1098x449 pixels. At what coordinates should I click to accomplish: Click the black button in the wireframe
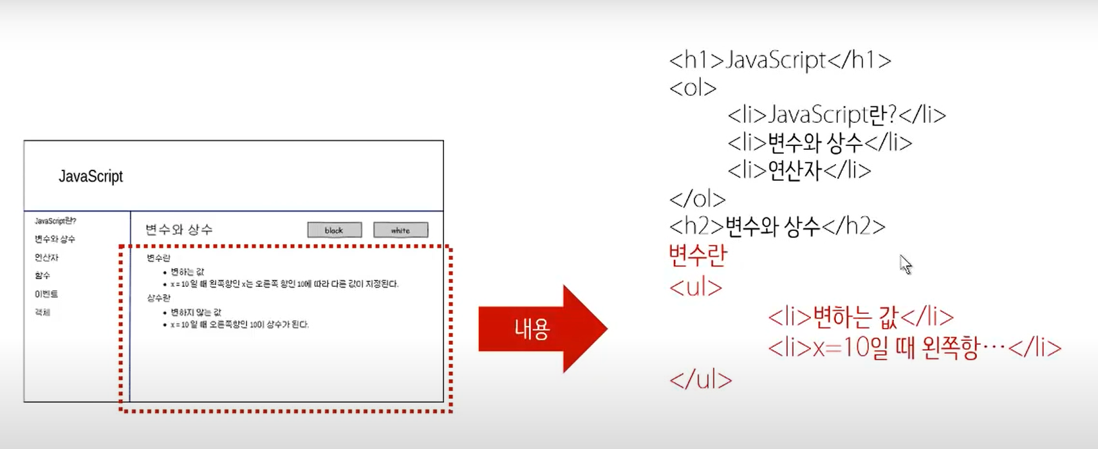(x=334, y=230)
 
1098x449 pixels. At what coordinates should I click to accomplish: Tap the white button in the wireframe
(x=400, y=230)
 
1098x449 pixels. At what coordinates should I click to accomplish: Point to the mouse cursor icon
(x=905, y=264)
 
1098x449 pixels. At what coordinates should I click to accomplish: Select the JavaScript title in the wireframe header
(x=91, y=176)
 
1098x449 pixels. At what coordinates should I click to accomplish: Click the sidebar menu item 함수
(x=42, y=275)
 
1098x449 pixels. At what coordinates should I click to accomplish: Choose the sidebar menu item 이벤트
(x=46, y=294)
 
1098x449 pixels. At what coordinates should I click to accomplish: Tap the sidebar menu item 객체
(x=42, y=313)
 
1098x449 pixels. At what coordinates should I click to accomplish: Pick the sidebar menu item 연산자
(x=46, y=257)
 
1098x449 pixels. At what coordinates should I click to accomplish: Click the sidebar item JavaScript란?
(x=55, y=221)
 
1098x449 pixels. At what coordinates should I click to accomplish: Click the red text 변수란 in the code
(x=698, y=255)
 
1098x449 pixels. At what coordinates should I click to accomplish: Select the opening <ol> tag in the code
(x=693, y=87)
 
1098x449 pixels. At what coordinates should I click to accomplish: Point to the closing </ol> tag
(x=697, y=199)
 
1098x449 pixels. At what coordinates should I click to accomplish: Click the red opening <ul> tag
(x=696, y=287)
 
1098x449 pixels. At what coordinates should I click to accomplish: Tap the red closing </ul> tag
(x=700, y=380)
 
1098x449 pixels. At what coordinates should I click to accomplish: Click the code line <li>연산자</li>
(x=799, y=170)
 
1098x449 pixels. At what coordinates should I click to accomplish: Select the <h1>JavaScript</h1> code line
(x=780, y=60)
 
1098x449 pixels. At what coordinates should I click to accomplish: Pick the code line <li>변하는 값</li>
(x=861, y=316)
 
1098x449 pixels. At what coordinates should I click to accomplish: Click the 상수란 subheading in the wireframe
(x=158, y=298)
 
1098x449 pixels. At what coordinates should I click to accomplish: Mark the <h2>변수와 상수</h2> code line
(x=777, y=226)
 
